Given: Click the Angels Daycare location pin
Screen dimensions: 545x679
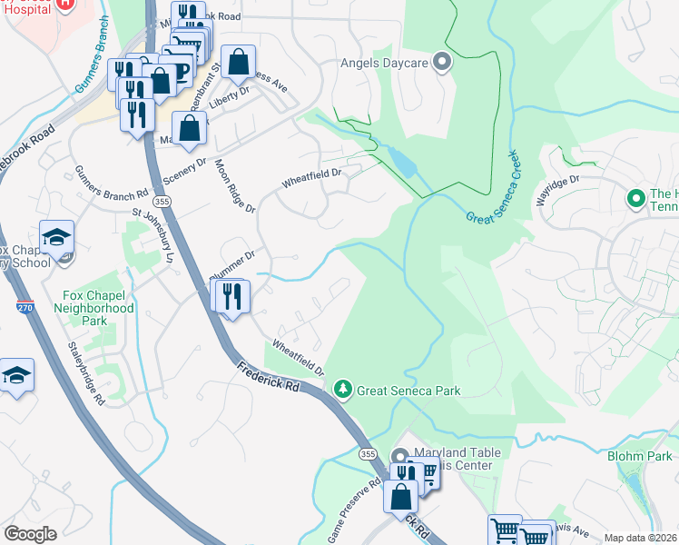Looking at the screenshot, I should coord(442,63).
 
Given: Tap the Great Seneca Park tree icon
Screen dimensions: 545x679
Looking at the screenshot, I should coord(342,390).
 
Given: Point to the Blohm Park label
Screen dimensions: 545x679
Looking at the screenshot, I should coord(641,456).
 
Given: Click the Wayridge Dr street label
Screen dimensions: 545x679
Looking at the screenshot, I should coord(556,192).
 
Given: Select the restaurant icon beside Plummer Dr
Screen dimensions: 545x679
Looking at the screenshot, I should coord(231,295).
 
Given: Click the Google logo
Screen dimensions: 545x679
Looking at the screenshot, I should coord(30,534).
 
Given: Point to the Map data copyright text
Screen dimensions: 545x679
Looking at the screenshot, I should coord(641,538).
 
